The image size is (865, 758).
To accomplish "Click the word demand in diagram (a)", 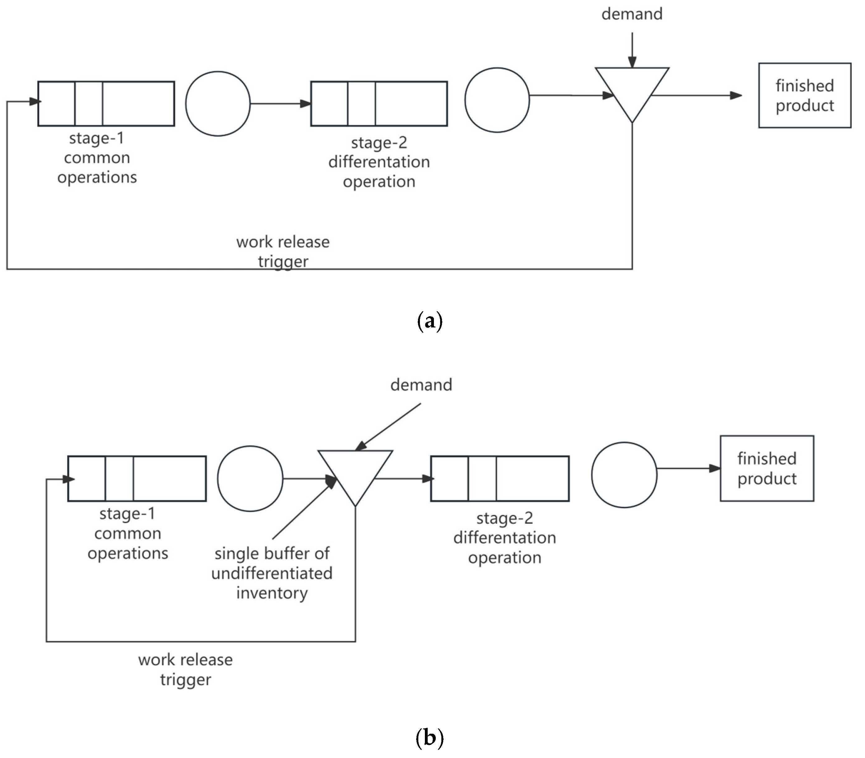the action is point(632,14).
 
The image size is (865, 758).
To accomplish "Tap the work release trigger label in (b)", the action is point(186,670).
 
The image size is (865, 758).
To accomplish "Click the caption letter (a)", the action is point(430,321).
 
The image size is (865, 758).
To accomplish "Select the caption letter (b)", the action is point(430,738).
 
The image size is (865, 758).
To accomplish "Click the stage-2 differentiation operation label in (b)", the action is point(505,538).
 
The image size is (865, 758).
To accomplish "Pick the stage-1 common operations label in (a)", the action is point(97,157).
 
